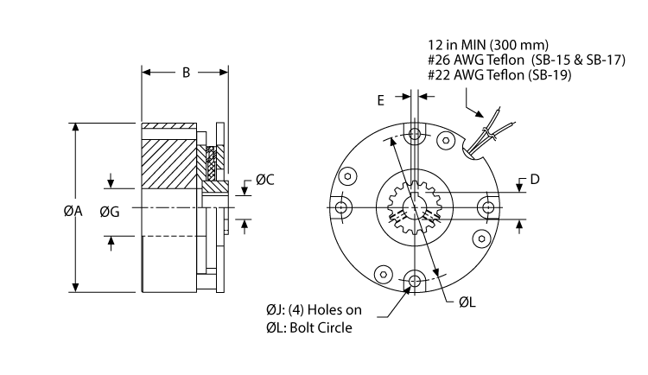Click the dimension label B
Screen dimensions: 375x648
pos(185,73)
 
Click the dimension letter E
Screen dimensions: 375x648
pos(381,99)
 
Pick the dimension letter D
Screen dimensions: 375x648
pos(535,180)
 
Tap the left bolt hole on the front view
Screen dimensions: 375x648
pos(344,207)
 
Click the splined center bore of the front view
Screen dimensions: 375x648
pos(416,207)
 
